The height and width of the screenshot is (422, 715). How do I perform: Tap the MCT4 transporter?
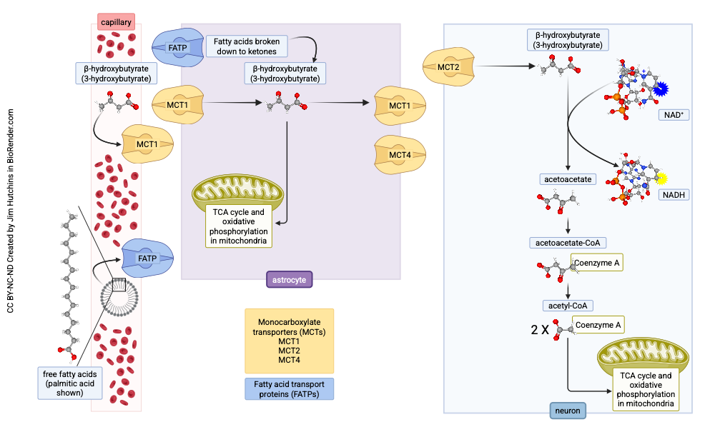(x=400, y=154)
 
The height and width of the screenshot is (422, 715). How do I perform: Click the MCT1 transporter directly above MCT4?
(x=400, y=106)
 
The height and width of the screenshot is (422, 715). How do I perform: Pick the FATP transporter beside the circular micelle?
(x=147, y=258)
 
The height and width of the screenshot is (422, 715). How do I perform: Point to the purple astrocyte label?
(x=290, y=279)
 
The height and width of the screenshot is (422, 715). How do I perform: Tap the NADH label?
(x=672, y=194)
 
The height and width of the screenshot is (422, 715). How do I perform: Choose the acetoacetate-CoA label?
(x=568, y=243)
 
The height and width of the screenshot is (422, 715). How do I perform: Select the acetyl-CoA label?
(x=567, y=306)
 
